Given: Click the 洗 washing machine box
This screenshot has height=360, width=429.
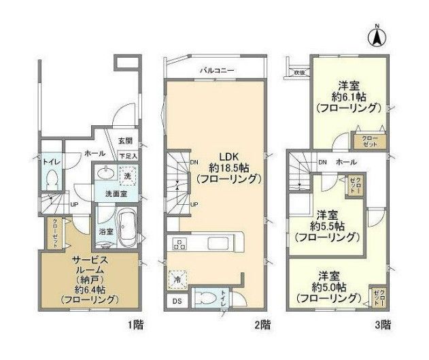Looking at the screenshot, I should (x=126, y=176).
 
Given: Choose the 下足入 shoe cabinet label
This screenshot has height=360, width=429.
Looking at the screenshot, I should (x=128, y=157).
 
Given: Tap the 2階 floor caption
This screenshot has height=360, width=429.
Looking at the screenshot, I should (x=262, y=324).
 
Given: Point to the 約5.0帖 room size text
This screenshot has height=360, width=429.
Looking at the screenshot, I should (x=327, y=287).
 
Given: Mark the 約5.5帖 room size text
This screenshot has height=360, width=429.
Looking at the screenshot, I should (x=327, y=225).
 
